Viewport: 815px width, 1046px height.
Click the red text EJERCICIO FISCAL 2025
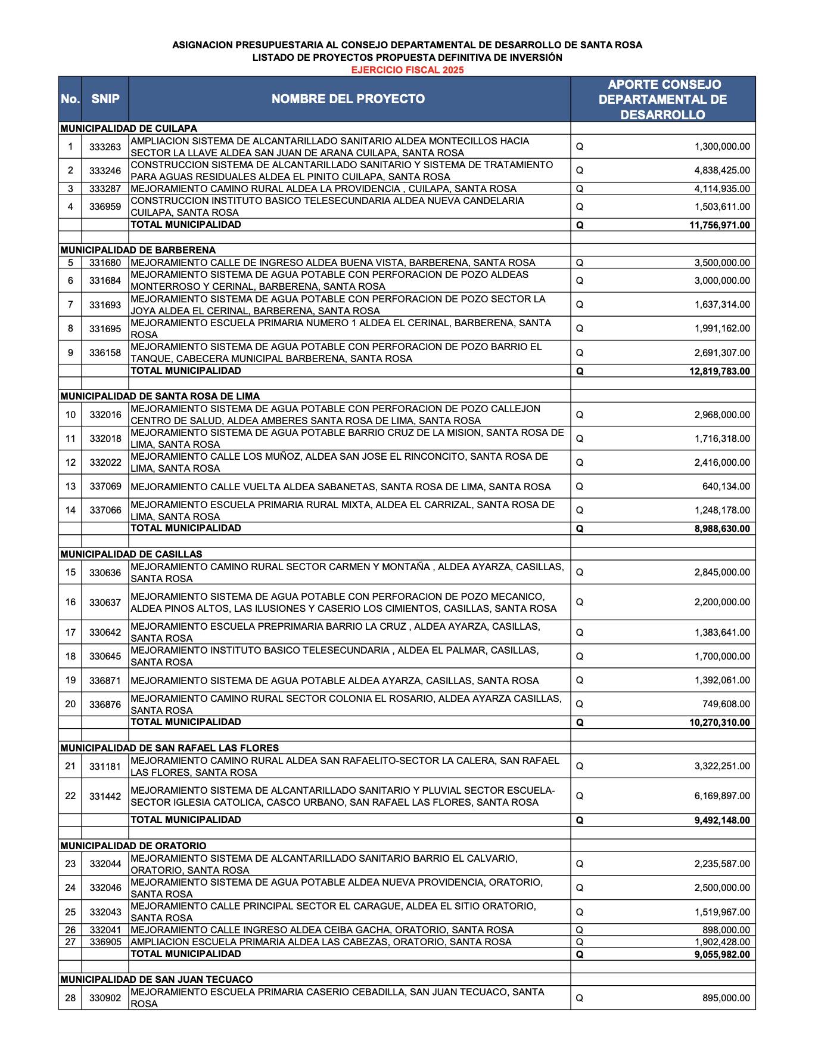(x=407, y=70)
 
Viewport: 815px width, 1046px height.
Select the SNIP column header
(x=105, y=99)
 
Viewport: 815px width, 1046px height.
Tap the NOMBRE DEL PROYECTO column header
(x=349, y=99)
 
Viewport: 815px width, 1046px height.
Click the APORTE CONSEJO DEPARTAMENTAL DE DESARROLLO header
(x=662, y=100)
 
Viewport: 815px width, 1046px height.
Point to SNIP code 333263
(x=105, y=147)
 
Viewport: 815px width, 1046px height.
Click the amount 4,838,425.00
(x=722, y=171)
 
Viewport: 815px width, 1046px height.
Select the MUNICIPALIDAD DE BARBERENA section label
(x=138, y=250)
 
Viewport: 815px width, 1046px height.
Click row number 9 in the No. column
(x=70, y=352)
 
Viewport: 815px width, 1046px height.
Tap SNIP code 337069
(x=105, y=487)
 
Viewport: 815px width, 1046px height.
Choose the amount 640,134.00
(x=726, y=487)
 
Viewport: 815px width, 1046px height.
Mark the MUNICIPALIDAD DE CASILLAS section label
(x=131, y=554)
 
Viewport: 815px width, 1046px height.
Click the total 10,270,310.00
(x=717, y=723)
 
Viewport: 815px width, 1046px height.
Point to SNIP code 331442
(x=105, y=796)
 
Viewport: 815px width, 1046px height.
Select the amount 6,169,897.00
(x=722, y=796)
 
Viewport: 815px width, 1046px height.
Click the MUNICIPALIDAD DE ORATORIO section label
(x=133, y=846)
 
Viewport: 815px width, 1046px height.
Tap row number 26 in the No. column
(x=70, y=930)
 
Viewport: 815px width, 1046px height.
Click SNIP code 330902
(x=105, y=998)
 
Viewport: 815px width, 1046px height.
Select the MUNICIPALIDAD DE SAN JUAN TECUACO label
(x=157, y=979)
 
